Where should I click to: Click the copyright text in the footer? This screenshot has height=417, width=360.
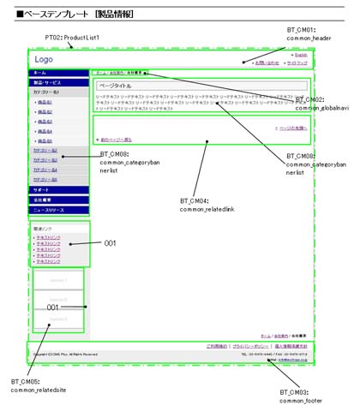coord(68,353)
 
